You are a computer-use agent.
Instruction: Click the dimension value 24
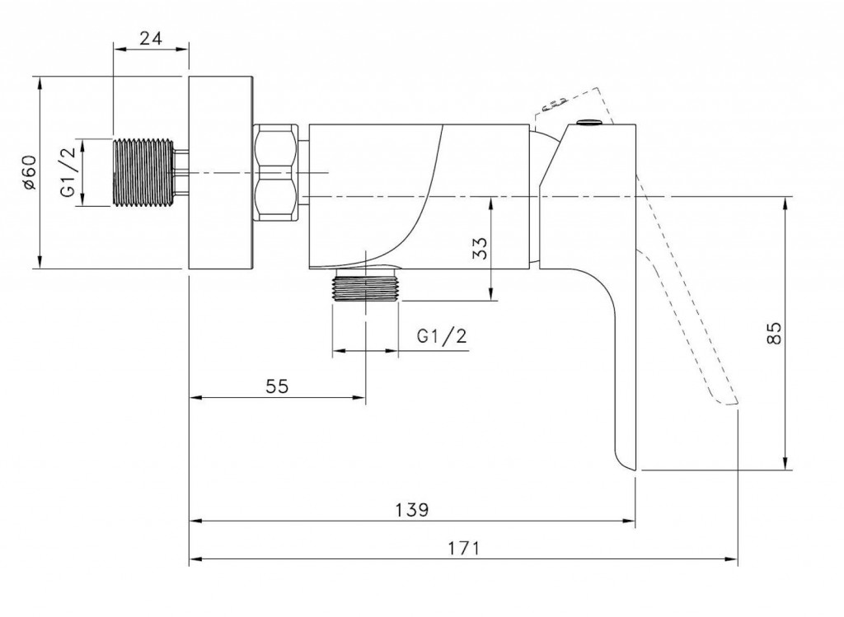coord(150,36)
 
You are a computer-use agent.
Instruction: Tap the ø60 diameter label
coord(29,172)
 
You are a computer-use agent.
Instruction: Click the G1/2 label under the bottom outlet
coord(442,336)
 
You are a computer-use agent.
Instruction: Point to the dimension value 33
coord(481,248)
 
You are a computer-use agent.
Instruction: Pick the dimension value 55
coord(277,386)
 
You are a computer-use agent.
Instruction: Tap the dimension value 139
coord(411,509)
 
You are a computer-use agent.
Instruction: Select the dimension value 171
coord(464,548)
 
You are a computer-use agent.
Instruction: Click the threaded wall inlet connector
coord(142,173)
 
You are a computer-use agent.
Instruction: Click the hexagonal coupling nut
coord(276,173)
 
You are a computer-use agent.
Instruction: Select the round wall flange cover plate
coord(220,173)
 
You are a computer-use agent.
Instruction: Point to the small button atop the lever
coord(588,124)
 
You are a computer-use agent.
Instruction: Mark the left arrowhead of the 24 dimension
coord(116,49)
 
